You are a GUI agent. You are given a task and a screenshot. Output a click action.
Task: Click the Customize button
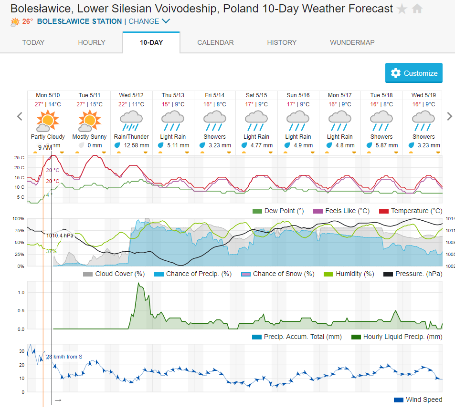click(x=414, y=73)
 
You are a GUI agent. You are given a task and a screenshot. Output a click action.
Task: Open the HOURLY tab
click(x=92, y=42)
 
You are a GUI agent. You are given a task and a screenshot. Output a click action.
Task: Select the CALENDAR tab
click(x=215, y=42)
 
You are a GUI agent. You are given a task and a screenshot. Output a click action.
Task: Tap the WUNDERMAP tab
click(x=352, y=42)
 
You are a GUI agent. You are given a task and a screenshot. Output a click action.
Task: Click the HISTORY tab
click(x=282, y=42)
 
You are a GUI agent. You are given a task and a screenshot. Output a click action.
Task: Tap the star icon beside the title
click(x=402, y=9)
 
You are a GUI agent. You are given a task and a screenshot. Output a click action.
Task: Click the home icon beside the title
click(x=417, y=9)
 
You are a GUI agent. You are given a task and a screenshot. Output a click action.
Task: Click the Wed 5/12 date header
click(x=131, y=95)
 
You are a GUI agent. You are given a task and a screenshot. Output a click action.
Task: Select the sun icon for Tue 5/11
click(x=90, y=120)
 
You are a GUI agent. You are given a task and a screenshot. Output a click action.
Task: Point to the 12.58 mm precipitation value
click(x=136, y=145)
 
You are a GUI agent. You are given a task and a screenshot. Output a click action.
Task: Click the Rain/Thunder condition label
click(x=131, y=137)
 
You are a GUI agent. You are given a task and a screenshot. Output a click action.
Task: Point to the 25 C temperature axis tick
click(x=20, y=157)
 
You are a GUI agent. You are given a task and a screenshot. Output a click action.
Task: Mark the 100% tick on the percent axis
click(x=18, y=219)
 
